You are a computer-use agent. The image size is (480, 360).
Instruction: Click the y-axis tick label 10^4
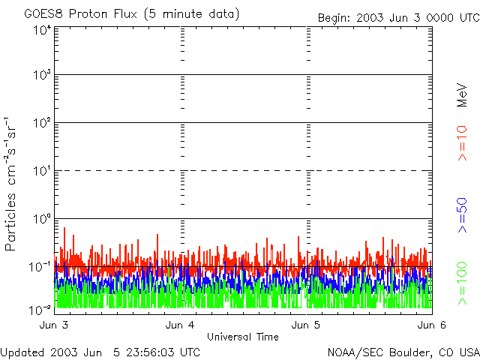coord(42,30)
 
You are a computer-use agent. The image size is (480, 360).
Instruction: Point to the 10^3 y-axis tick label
coord(42,74)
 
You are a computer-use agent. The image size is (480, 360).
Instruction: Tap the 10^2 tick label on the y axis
coord(42,122)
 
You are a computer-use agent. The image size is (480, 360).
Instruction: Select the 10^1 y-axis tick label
coord(42,171)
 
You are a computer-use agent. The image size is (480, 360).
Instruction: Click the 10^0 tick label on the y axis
coord(42,219)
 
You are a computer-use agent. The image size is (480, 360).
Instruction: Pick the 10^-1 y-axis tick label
coord(40,267)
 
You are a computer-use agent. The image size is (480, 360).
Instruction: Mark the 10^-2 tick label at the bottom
coord(40,310)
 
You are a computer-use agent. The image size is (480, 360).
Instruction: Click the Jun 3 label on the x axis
coord(54,325)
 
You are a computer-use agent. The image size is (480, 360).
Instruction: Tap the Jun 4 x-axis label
coord(180,325)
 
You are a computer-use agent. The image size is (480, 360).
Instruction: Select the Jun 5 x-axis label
coord(306,325)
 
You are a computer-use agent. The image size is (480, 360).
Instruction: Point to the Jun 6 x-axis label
coord(432,325)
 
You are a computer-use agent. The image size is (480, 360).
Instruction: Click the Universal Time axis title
coord(243,337)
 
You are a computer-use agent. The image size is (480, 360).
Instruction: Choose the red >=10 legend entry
coord(462,143)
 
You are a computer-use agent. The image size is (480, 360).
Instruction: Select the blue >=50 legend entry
coord(462,215)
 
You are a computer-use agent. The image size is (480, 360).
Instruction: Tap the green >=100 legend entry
coord(462,283)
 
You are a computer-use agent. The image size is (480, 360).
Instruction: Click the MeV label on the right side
coord(462,95)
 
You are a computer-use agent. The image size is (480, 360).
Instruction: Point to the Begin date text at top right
coord(398,18)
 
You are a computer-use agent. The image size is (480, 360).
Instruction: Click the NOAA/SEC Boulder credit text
coord(403,352)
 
